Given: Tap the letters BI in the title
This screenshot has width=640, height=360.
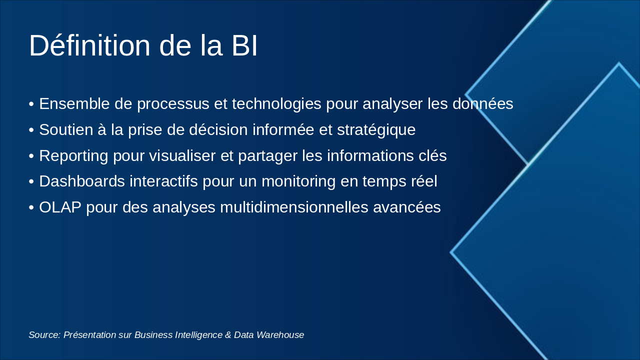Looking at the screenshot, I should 244,45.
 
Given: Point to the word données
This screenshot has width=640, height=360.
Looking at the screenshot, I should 482,104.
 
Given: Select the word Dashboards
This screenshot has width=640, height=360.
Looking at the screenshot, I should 82,181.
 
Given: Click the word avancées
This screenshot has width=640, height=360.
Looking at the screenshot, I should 407,207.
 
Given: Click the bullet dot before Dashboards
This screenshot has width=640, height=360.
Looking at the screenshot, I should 31,182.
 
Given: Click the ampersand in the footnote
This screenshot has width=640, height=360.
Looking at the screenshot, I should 228,335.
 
